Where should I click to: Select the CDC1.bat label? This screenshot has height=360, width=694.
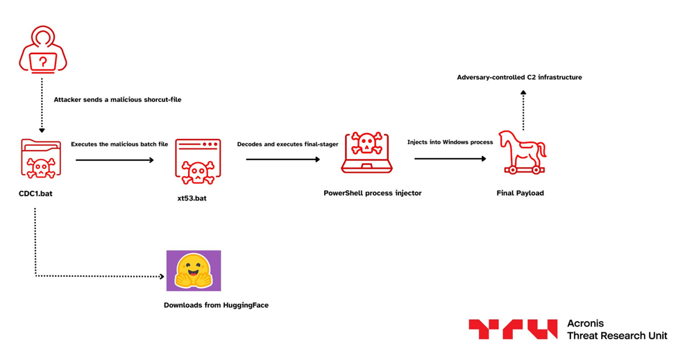click(x=35, y=194)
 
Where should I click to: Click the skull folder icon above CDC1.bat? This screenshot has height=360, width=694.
click(x=41, y=158)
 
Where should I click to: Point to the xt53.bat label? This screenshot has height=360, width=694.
click(x=192, y=199)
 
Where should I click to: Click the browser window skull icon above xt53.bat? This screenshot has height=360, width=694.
click(x=198, y=161)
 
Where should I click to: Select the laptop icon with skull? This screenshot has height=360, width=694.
click(x=366, y=153)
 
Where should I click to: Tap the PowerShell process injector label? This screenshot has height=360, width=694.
click(x=373, y=193)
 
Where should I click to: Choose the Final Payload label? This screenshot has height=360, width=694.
click(x=520, y=193)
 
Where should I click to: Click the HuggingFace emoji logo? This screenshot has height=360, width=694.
click(x=194, y=271)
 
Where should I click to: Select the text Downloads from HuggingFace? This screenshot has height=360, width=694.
click(x=216, y=305)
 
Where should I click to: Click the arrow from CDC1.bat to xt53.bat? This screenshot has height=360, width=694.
click(x=115, y=160)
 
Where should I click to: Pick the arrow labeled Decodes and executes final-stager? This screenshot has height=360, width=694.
click(x=283, y=160)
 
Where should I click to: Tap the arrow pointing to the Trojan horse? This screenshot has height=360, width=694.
click(x=450, y=159)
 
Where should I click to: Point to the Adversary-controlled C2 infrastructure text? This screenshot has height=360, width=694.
click(x=519, y=78)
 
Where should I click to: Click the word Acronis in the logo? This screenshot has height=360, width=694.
click(x=586, y=323)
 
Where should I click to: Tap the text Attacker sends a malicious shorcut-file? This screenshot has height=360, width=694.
click(x=117, y=100)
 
